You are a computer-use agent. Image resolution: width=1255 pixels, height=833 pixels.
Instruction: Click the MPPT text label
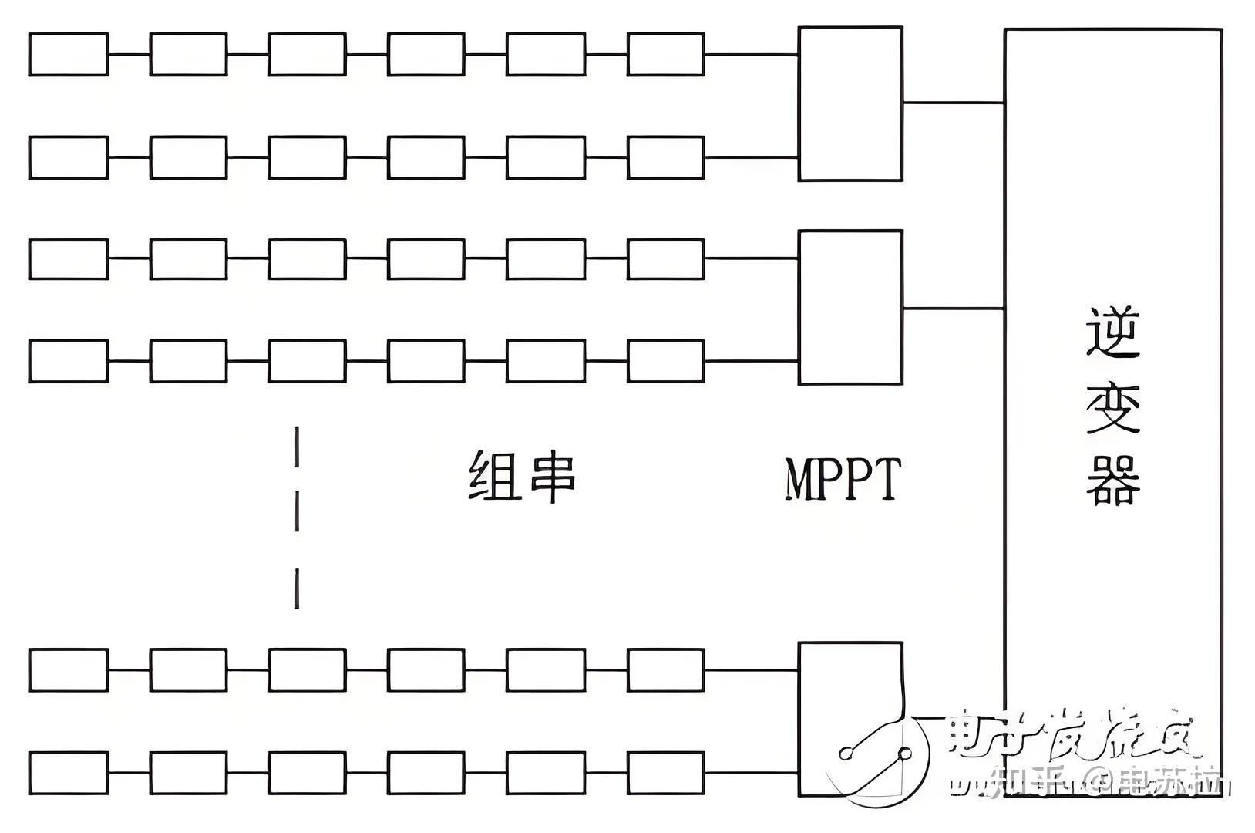(x=843, y=479)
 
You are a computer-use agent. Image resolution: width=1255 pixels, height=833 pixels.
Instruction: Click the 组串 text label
(x=523, y=476)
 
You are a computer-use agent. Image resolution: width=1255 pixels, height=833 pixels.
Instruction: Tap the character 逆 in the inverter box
(x=1112, y=332)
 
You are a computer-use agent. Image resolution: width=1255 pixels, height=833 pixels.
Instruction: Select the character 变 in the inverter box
(x=1112, y=407)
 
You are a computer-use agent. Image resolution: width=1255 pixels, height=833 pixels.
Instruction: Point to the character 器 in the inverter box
(x=1112, y=480)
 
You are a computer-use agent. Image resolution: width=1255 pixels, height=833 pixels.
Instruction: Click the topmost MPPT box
(x=850, y=104)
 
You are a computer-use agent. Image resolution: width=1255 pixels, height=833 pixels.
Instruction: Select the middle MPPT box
(x=850, y=307)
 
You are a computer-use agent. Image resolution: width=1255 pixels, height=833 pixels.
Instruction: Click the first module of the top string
(x=68, y=54)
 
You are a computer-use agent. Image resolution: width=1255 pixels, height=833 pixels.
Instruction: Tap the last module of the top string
(x=665, y=54)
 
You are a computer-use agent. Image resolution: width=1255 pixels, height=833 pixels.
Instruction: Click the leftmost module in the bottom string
(x=68, y=773)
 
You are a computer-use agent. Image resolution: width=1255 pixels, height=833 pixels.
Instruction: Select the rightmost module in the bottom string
(x=665, y=773)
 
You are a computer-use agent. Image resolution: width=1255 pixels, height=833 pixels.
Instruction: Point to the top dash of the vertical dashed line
(x=297, y=447)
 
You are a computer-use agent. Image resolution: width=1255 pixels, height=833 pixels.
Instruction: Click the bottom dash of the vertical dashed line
(x=297, y=589)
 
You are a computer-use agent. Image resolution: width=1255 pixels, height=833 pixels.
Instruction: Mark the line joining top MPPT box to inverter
(x=953, y=102)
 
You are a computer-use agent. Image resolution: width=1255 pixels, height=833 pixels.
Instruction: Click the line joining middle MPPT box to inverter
(x=953, y=309)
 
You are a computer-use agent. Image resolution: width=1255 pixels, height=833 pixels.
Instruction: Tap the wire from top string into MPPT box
(x=751, y=55)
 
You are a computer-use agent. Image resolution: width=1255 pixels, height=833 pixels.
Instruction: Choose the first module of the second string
(x=68, y=157)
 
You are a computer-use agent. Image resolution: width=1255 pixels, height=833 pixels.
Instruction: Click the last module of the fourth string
(x=665, y=361)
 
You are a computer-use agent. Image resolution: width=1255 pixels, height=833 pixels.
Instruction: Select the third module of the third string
(x=307, y=259)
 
